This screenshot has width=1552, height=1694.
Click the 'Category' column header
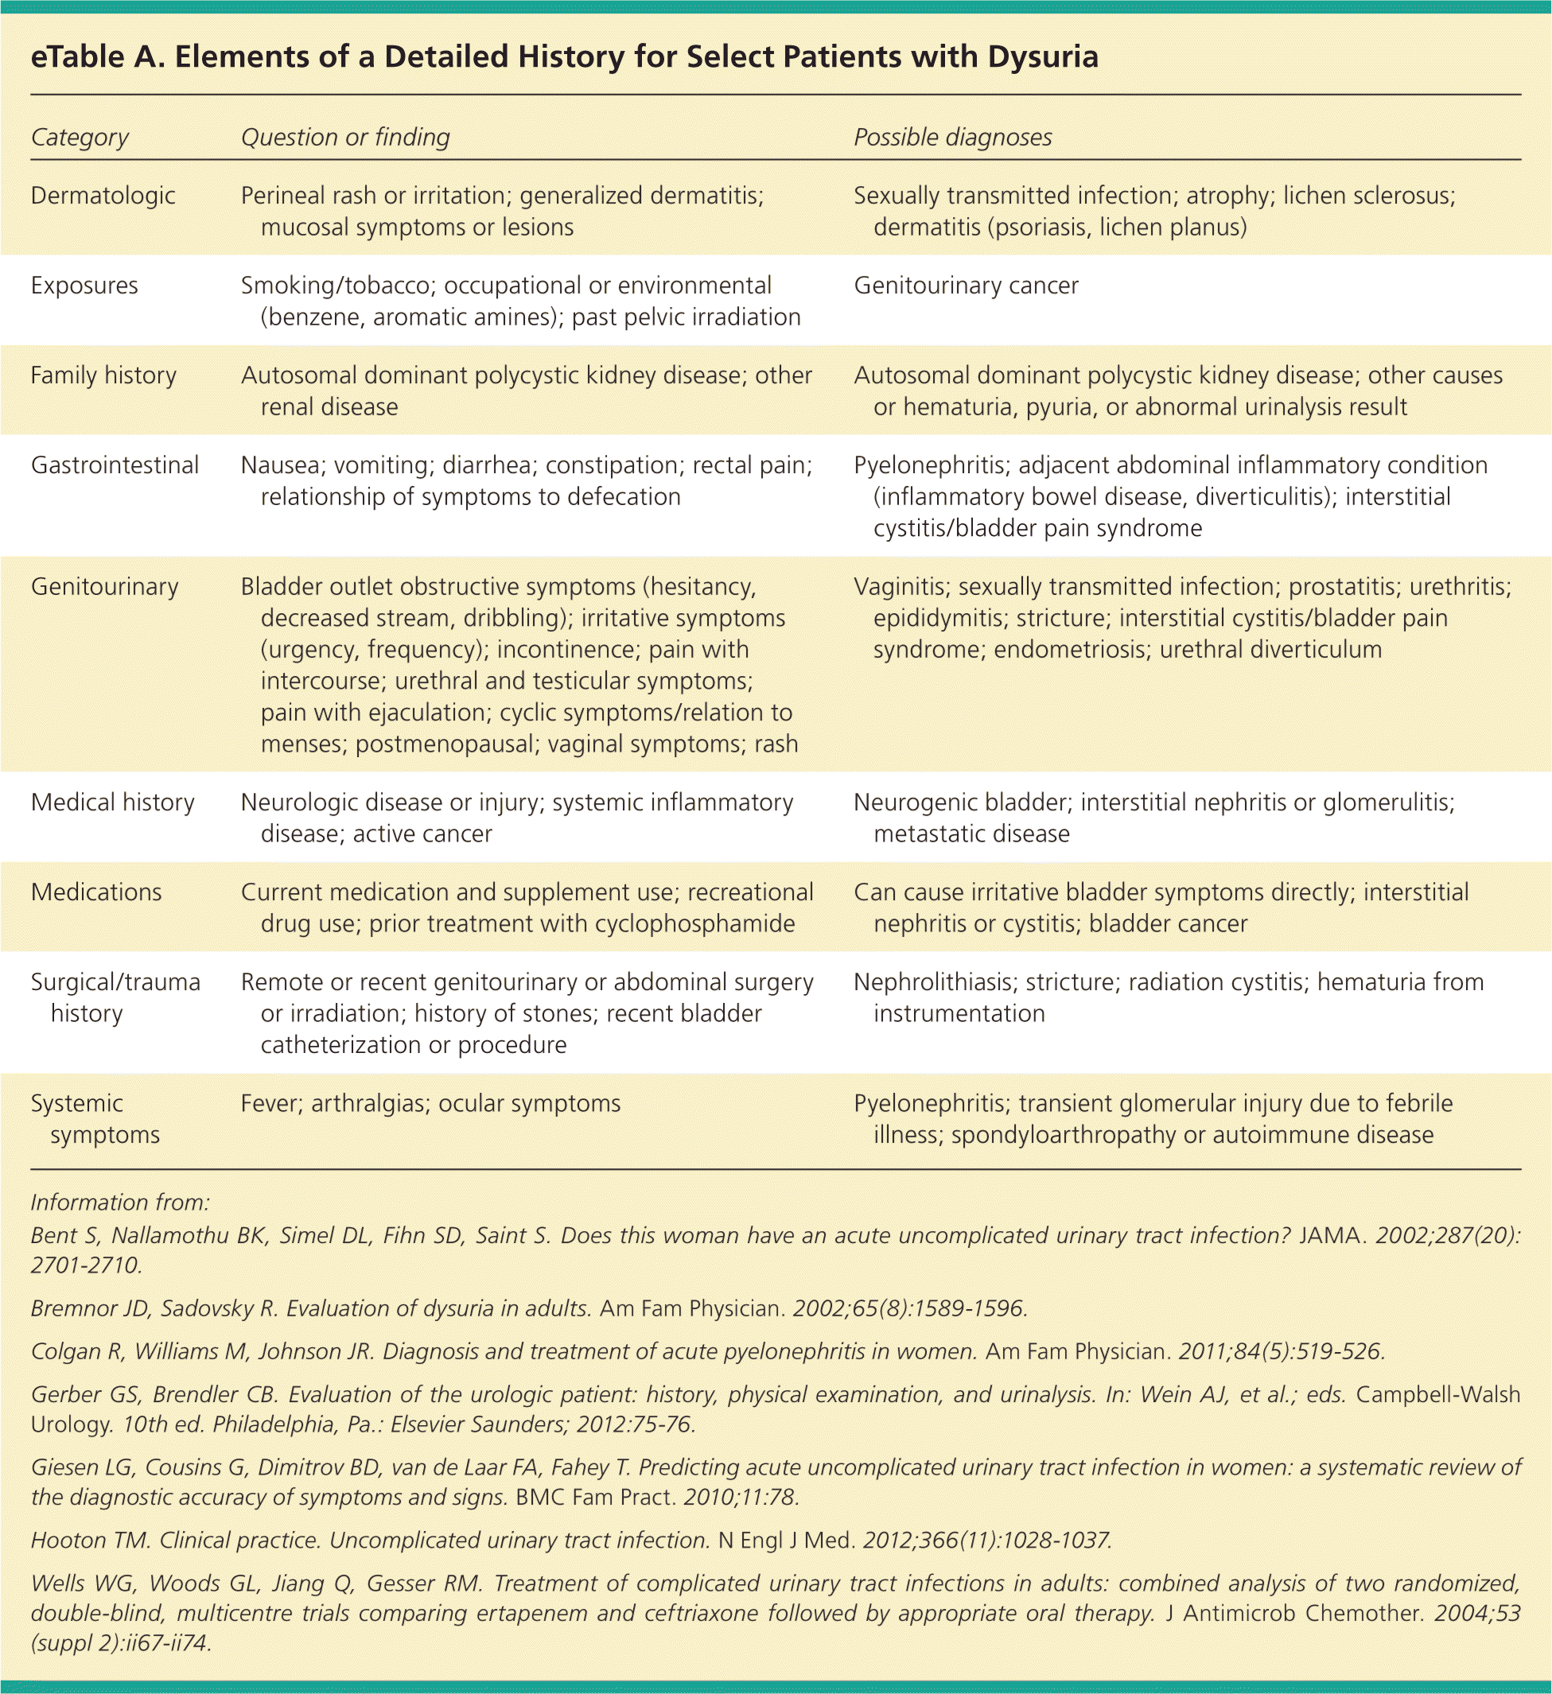[80, 137]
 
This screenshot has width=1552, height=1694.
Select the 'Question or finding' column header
[345, 137]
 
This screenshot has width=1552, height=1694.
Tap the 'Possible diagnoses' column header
[953, 137]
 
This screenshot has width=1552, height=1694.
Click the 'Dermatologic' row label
[103, 195]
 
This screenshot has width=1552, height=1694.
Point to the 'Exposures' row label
[84, 285]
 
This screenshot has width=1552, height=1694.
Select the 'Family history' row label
[103, 375]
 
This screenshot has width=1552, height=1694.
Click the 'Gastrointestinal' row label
[115, 464]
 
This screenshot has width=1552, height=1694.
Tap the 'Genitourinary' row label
[104, 585]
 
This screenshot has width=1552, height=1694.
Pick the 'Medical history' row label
[113, 802]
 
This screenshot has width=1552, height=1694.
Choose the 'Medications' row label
[95, 892]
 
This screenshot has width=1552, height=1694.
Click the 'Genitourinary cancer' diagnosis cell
[967, 285]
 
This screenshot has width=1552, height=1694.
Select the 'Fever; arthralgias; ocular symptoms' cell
[430, 1102]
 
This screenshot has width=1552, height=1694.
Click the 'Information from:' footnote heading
[120, 1203]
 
